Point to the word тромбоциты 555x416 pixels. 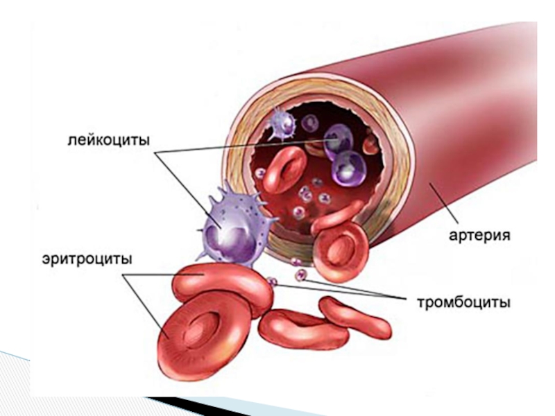coord(463,302)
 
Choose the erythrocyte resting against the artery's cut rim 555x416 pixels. coord(340,248)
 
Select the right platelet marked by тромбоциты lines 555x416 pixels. coord(300,275)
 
